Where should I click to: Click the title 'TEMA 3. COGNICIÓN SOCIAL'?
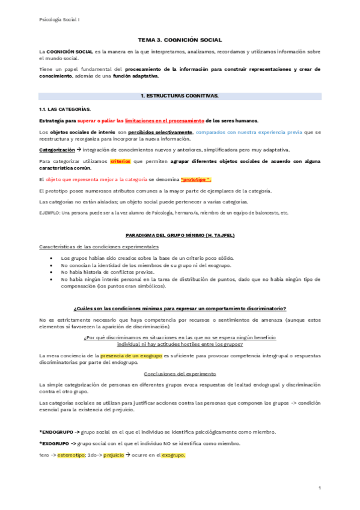180,40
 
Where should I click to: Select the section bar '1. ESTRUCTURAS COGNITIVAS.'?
180,96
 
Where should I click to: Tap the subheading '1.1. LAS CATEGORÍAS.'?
65,109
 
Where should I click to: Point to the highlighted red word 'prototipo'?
196,180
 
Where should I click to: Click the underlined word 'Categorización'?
57,150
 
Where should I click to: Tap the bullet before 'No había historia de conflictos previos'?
55,271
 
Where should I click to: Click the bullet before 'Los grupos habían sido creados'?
55,257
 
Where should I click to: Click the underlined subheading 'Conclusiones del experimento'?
180,373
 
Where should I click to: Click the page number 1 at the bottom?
320,487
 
